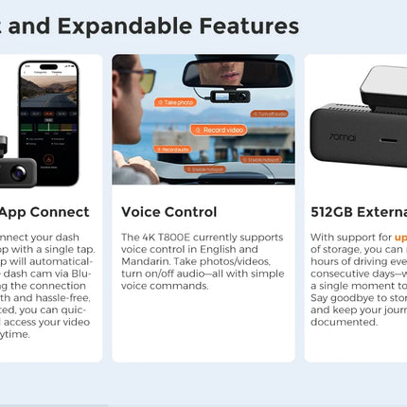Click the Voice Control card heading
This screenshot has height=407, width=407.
click(x=168, y=212)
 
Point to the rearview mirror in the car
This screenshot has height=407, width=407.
click(x=237, y=73)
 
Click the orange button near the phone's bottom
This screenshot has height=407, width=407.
click(x=48, y=168)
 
